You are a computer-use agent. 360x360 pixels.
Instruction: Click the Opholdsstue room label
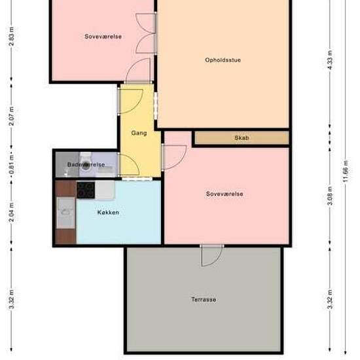click(x=223, y=60)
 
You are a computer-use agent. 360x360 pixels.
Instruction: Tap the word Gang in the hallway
click(x=139, y=133)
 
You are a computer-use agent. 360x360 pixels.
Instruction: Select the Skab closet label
click(x=242, y=137)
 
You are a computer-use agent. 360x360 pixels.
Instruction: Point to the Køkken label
click(x=108, y=212)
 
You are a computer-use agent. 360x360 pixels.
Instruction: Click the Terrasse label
click(x=204, y=300)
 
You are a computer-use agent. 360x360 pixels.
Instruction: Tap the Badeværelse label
click(x=86, y=164)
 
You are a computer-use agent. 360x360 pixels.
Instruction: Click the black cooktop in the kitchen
click(x=86, y=190)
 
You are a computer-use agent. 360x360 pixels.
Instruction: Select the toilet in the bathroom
click(x=85, y=162)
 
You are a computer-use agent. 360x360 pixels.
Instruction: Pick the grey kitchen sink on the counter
click(x=66, y=213)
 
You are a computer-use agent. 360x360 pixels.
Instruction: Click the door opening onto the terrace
click(x=211, y=255)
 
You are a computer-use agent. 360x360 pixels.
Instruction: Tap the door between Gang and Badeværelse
click(x=128, y=165)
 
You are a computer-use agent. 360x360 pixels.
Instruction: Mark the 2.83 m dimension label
click(x=11, y=36)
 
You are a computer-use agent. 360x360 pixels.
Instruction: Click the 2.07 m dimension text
click(x=11, y=116)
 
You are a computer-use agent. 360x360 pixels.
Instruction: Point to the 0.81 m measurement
click(x=11, y=164)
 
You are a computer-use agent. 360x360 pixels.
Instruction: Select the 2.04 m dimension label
click(x=11, y=212)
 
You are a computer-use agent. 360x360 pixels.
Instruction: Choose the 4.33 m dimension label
click(x=330, y=60)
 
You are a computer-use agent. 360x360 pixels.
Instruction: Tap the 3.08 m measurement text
click(x=330, y=196)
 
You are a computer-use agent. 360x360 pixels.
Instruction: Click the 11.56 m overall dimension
click(x=346, y=171)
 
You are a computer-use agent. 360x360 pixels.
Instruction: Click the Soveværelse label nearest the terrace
click(x=225, y=194)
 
